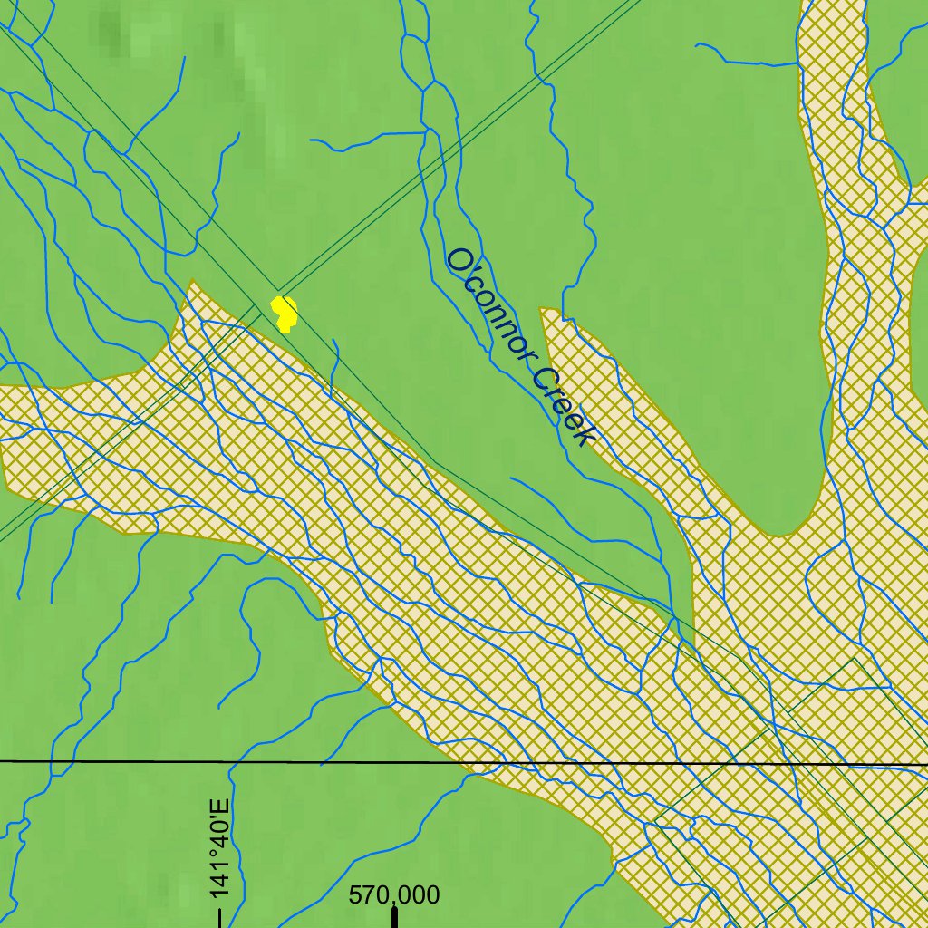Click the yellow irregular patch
[285, 313]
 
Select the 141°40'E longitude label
[218, 850]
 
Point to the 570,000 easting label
[394, 895]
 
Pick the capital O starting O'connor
[459, 260]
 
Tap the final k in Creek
[585, 437]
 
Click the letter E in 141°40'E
[218, 807]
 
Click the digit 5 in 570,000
[356, 895]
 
